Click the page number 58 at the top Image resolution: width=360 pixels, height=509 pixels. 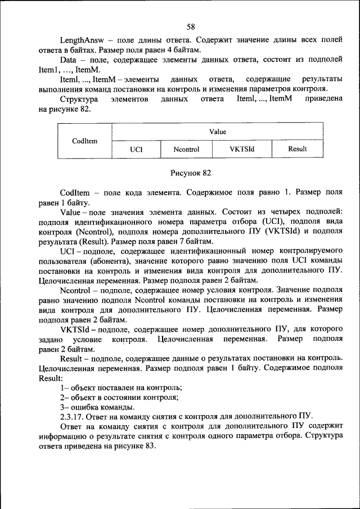191,26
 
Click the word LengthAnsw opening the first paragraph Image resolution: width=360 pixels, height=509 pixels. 80,40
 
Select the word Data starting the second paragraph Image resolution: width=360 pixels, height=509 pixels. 69,60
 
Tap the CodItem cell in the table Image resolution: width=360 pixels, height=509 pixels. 85,141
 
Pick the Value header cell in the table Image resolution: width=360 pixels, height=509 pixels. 218,132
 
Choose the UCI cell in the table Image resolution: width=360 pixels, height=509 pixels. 136,150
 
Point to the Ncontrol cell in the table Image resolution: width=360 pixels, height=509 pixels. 186,150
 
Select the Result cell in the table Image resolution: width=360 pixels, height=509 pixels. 297,150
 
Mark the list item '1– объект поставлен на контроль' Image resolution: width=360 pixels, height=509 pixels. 121,388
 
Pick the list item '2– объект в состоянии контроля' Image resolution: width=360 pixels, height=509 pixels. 119,397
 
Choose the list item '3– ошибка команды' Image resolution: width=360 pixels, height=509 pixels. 97,407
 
